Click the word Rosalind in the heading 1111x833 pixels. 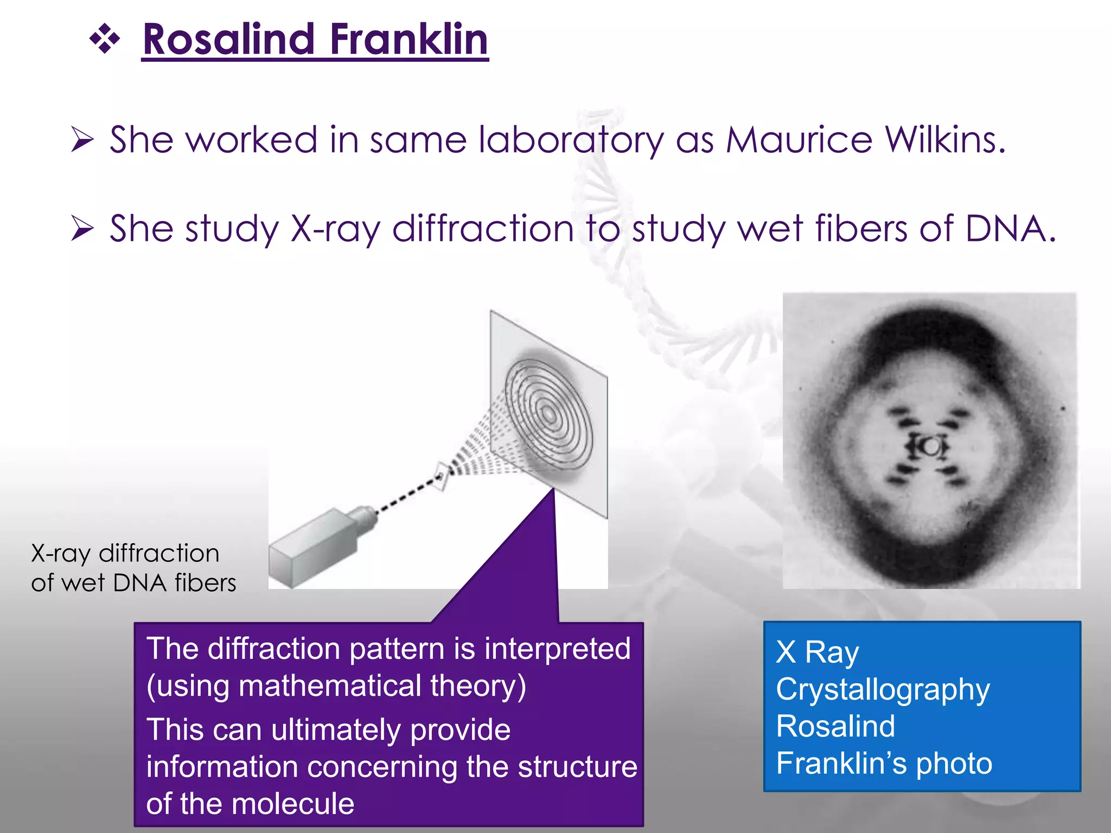[228, 40]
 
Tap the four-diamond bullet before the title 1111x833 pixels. [104, 40]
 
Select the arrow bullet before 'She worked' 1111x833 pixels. [82, 140]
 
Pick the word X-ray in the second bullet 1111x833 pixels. [336, 229]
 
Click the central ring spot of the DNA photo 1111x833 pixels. [931, 447]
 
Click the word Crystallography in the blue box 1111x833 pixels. [883, 690]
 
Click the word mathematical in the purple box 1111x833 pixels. [330, 685]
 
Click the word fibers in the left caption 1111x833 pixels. [205, 583]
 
